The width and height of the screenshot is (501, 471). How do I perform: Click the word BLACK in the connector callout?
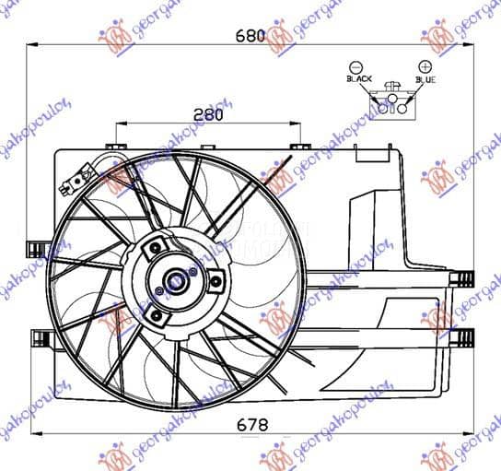click(x=359, y=80)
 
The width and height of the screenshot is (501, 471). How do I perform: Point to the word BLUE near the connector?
click(x=425, y=80)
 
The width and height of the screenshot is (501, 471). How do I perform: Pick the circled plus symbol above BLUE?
click(x=425, y=66)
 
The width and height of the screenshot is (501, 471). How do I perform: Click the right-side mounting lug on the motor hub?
click(x=216, y=282)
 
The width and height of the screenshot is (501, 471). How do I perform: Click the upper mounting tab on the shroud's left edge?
click(x=38, y=247)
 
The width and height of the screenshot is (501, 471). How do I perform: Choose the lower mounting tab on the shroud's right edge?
click(x=461, y=336)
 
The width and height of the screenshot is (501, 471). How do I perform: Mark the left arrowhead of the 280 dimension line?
click(x=118, y=124)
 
